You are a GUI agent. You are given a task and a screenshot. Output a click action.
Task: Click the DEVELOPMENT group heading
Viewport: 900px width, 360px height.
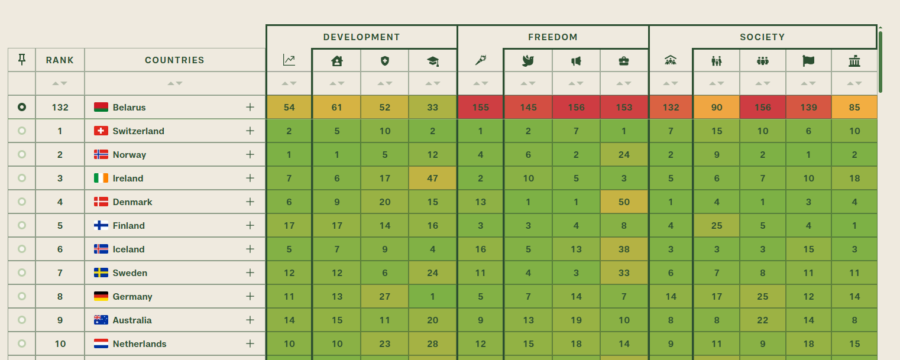tap(362, 37)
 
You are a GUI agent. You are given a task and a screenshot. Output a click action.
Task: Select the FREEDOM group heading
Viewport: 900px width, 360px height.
tap(553, 37)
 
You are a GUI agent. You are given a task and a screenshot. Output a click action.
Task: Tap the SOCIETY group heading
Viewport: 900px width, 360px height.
tap(762, 37)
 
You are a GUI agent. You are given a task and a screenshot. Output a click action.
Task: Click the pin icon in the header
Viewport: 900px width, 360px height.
tap(22, 60)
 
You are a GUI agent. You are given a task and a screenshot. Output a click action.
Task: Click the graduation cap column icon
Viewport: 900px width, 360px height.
tap(433, 61)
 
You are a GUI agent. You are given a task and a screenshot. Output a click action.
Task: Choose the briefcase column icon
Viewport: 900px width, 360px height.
tap(624, 61)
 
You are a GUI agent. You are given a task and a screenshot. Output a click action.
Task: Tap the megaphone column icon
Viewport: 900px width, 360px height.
tap(576, 61)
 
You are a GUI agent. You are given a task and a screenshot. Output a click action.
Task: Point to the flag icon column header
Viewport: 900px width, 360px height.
tap(808, 61)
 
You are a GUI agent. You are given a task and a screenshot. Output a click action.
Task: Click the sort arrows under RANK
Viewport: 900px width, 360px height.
tap(60, 83)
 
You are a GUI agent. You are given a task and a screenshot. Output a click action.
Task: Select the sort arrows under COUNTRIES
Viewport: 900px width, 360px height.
tap(175, 83)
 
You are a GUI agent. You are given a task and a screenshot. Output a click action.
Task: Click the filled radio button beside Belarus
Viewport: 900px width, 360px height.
tap(22, 107)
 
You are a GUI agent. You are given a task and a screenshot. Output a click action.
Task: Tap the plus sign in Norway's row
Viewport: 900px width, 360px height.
tap(250, 154)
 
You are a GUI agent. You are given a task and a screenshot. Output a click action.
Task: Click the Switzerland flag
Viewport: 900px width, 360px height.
tap(101, 131)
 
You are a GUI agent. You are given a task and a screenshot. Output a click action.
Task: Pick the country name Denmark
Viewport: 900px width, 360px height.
tap(132, 202)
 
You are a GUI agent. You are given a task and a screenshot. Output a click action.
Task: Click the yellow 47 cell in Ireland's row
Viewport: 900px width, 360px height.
tap(433, 178)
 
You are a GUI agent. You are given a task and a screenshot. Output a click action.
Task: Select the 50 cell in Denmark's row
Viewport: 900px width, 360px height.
tap(624, 202)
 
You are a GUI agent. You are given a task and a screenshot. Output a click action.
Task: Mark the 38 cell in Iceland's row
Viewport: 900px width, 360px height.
tap(624, 249)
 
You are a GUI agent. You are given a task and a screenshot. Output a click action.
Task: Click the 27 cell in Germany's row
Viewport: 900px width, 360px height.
tap(385, 297)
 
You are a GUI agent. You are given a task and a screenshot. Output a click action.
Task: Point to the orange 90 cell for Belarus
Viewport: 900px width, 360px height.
tap(717, 107)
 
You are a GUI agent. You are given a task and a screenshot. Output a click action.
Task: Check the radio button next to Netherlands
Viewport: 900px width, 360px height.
tap(22, 343)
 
